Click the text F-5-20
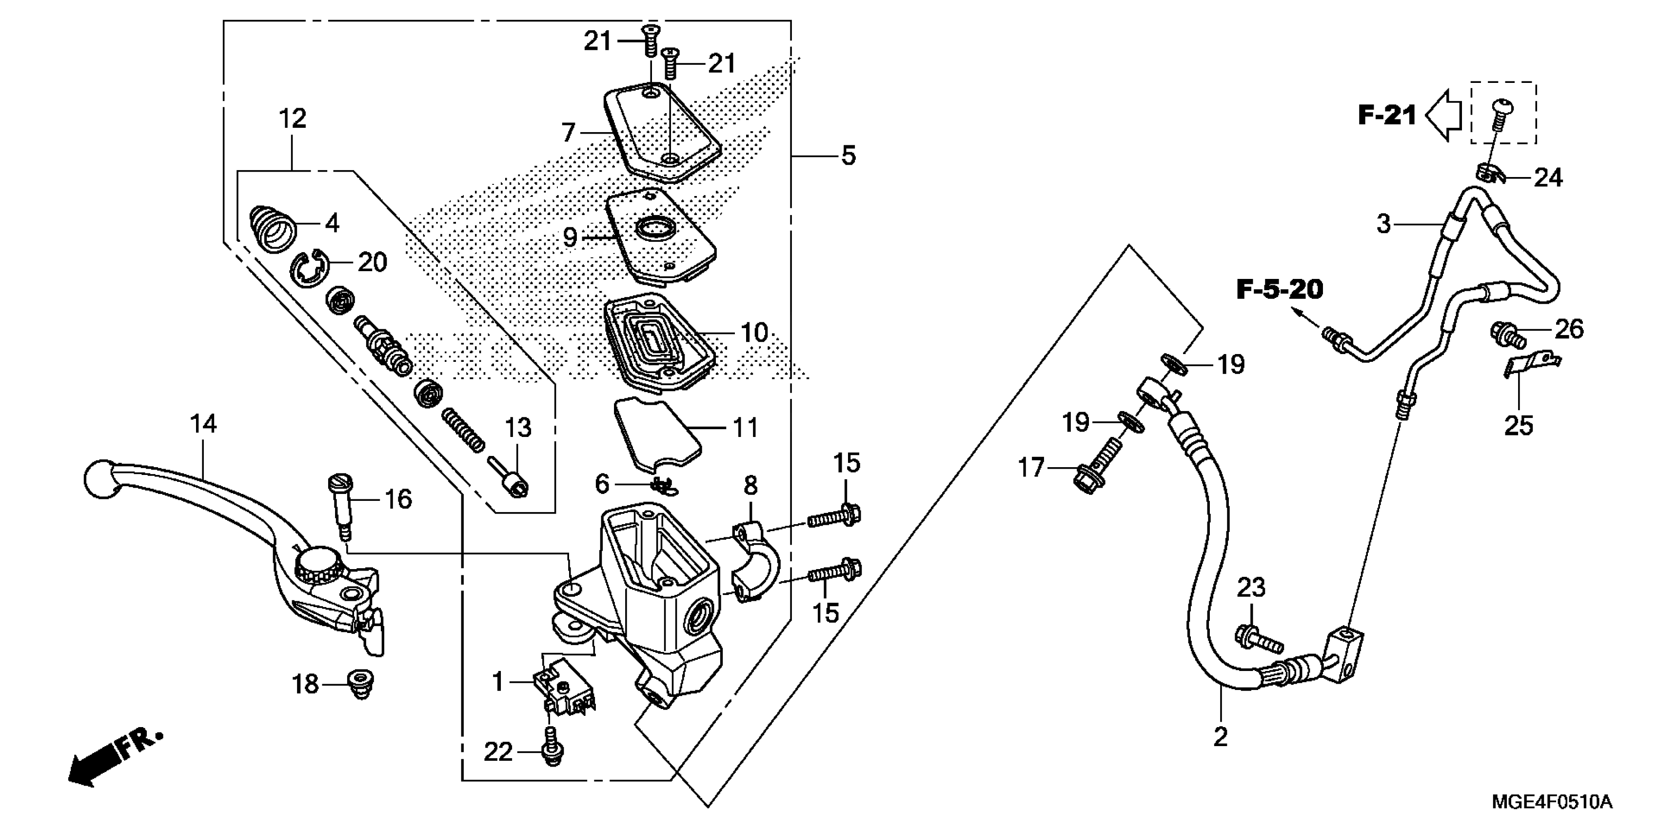(x=1280, y=289)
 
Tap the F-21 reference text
(x=1387, y=116)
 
